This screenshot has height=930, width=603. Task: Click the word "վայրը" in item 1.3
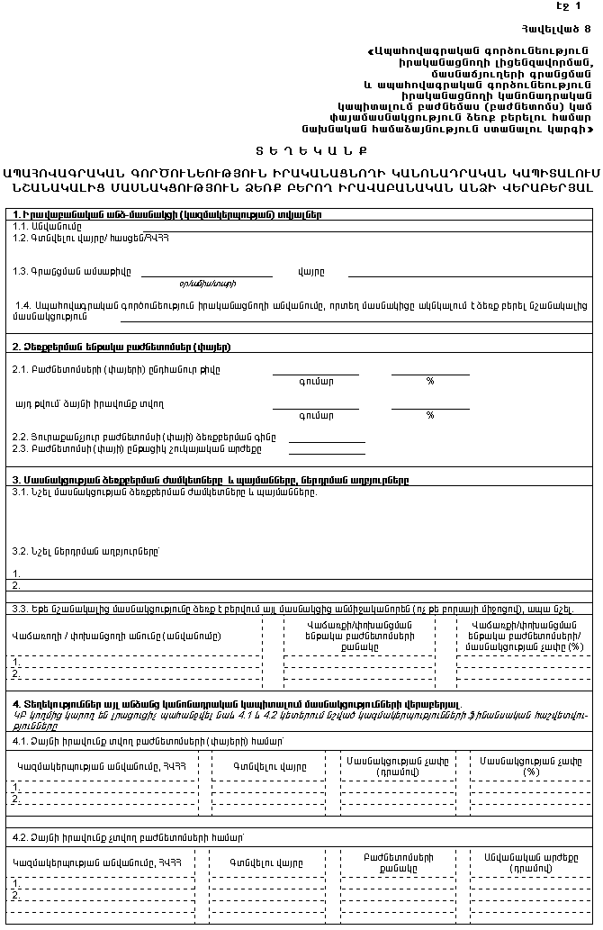point(310,271)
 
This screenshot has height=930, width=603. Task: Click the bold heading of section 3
point(211,481)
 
